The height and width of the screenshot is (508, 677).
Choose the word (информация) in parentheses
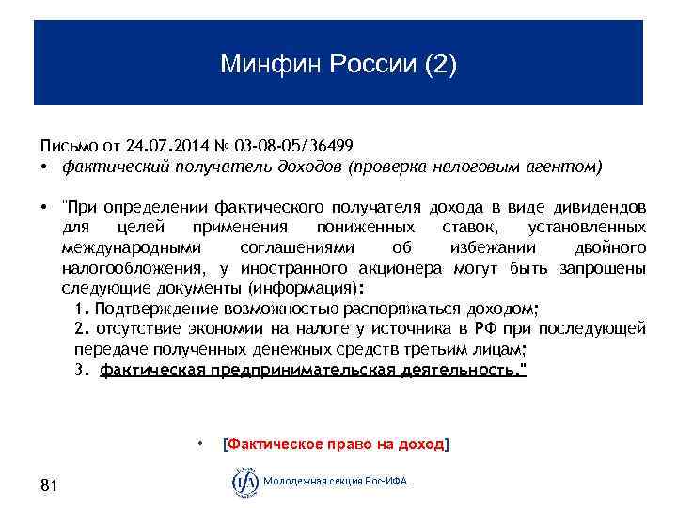click(315, 288)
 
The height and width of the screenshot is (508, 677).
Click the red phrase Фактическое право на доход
click(334, 443)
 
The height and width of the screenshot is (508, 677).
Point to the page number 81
click(50, 484)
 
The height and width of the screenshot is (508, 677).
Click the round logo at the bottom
click(245, 482)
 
